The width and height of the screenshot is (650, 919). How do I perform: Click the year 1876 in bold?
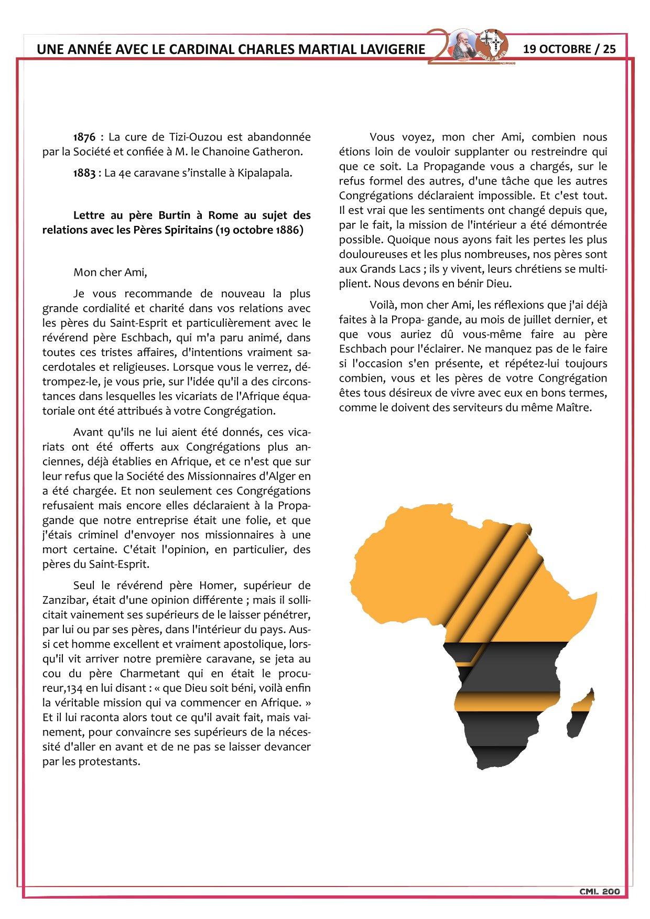(84, 137)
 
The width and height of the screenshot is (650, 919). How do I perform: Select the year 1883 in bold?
(84, 173)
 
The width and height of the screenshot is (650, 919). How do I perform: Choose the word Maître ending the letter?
(573, 408)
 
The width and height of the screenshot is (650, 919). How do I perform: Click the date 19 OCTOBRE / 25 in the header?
(569, 49)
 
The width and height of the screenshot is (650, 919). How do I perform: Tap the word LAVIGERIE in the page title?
(393, 50)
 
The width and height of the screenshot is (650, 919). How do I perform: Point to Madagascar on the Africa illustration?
(581, 715)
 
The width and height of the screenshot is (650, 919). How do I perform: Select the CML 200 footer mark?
(599, 892)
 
